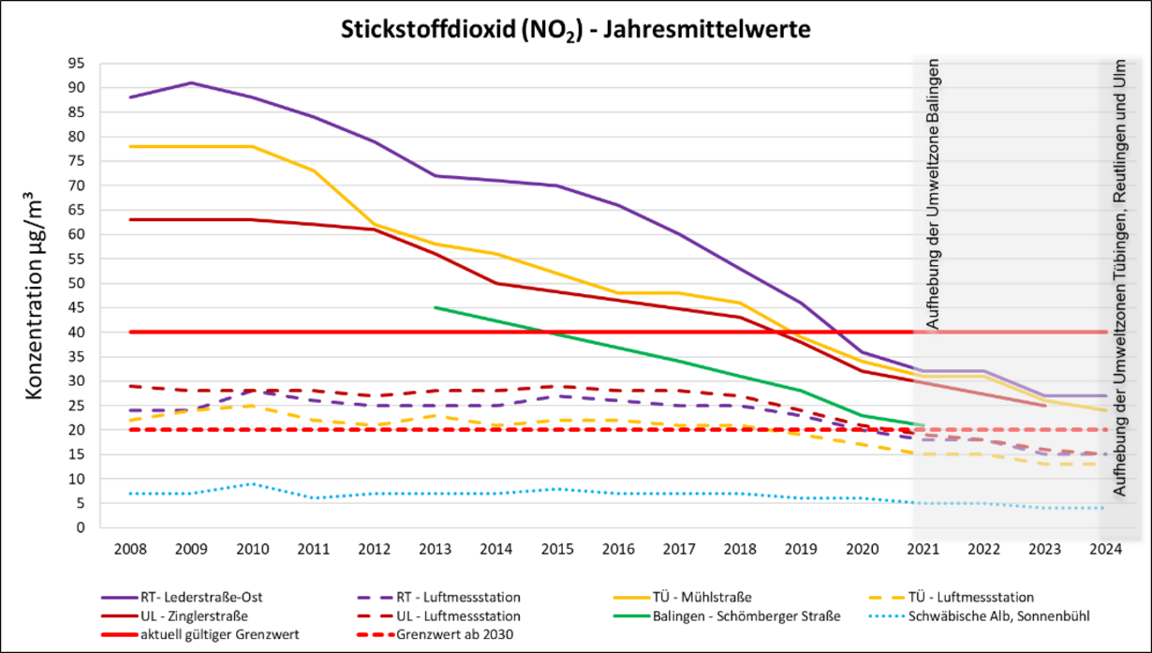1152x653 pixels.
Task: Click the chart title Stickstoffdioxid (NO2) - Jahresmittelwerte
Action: (x=574, y=30)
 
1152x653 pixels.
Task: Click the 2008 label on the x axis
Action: (x=131, y=549)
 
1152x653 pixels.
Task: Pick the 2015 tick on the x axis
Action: (x=556, y=549)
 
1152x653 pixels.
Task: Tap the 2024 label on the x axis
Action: (x=1105, y=549)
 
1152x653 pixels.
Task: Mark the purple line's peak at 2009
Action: (x=192, y=82)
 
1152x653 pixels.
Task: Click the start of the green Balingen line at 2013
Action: (x=436, y=307)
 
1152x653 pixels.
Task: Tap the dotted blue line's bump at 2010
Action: (x=253, y=483)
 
